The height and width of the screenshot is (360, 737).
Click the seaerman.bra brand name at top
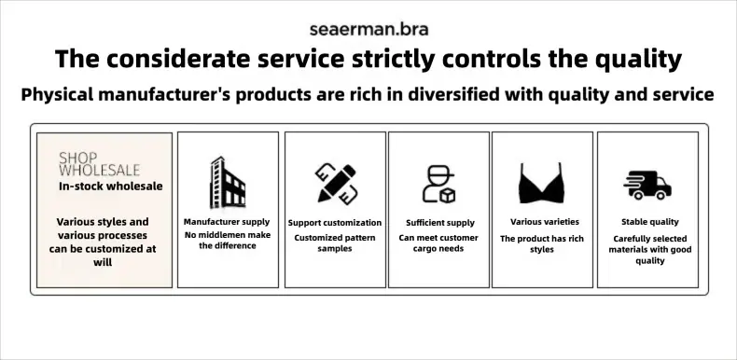click(369, 30)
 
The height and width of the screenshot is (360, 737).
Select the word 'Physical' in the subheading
click(57, 95)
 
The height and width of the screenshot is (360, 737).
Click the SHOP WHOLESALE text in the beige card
click(99, 164)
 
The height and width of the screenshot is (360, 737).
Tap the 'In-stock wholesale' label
click(111, 187)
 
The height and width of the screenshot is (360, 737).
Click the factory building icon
click(228, 183)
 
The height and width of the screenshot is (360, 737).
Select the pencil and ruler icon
click(336, 184)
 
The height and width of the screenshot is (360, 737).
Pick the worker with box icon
click(439, 184)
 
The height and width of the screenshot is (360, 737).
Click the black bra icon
click(541, 184)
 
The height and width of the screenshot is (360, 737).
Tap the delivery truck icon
click(647, 186)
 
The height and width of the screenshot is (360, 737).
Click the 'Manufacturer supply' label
click(227, 222)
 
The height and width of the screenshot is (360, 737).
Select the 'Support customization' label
click(335, 223)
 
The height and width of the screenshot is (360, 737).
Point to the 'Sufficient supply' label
click(440, 223)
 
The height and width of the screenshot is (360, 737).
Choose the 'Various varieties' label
click(545, 222)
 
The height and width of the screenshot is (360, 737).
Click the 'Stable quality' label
click(650, 222)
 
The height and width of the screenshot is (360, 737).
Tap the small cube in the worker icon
click(448, 195)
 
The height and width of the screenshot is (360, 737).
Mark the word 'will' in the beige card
click(103, 262)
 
